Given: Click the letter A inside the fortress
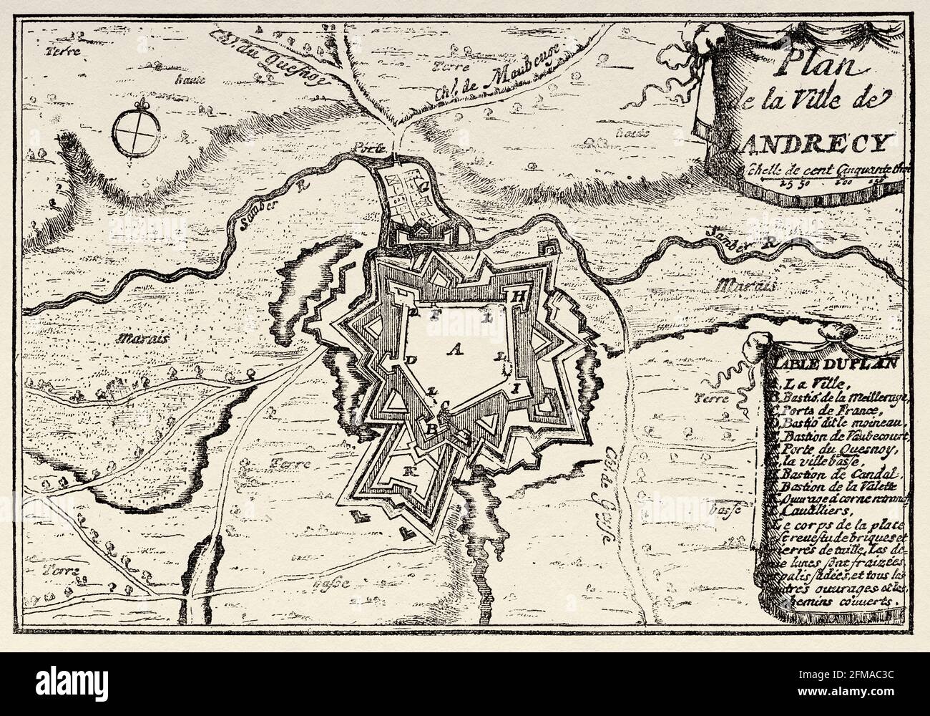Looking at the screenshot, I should pos(452,348).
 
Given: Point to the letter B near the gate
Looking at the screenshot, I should pos(431,427).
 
